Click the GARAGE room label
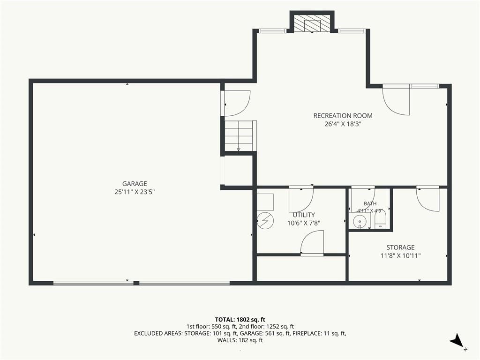135,184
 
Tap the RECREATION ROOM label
343,116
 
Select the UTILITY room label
304,215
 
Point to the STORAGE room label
400,247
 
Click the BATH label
370,203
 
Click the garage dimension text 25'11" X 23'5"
135,192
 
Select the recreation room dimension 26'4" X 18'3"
343,124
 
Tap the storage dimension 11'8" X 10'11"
400,256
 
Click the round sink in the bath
358,221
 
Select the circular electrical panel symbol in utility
265,220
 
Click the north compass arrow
457,340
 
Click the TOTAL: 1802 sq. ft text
240,320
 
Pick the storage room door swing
427,199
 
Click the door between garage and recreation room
237,104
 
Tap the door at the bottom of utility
312,242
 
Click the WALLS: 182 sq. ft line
240,340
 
